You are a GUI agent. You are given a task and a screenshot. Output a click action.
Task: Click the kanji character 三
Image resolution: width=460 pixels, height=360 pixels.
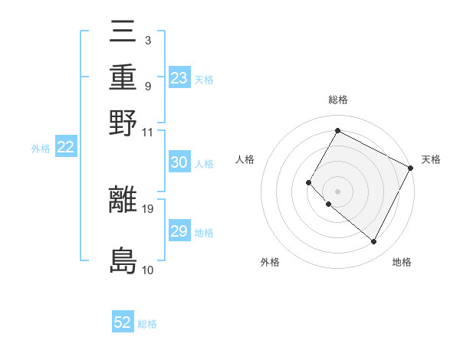(x=123, y=34)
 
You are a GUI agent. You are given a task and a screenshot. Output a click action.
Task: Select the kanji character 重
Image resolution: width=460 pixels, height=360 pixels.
(x=123, y=77)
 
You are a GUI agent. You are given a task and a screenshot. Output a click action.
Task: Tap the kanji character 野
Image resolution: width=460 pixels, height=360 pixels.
(x=123, y=123)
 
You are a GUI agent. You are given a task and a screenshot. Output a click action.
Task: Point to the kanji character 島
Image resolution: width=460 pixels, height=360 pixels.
(x=123, y=260)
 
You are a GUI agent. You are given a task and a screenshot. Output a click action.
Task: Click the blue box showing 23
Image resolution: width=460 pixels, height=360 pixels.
(x=179, y=78)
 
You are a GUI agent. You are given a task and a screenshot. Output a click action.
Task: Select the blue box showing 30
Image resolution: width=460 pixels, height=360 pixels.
(x=179, y=162)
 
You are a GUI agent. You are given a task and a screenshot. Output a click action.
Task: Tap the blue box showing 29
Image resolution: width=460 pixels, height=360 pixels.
(x=179, y=231)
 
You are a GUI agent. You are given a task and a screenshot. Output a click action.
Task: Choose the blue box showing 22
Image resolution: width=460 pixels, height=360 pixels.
(x=66, y=148)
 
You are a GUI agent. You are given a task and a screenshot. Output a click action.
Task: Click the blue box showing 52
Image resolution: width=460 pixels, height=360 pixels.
(x=123, y=322)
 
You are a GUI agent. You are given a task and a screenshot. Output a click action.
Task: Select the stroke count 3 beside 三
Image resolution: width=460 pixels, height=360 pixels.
(x=147, y=39)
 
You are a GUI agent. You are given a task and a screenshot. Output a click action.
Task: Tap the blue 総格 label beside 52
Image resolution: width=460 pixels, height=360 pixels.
(x=147, y=324)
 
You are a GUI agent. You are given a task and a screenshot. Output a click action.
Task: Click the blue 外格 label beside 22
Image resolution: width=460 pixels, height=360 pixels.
(x=41, y=149)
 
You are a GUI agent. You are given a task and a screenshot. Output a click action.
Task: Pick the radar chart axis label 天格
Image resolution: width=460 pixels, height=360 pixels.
(x=431, y=159)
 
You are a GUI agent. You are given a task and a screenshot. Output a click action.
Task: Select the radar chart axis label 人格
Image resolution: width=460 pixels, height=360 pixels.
(x=245, y=159)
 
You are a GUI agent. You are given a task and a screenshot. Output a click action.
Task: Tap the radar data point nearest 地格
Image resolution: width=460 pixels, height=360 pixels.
(x=374, y=242)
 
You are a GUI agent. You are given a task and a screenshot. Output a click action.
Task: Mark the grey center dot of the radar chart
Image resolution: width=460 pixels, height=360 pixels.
(x=337, y=191)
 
